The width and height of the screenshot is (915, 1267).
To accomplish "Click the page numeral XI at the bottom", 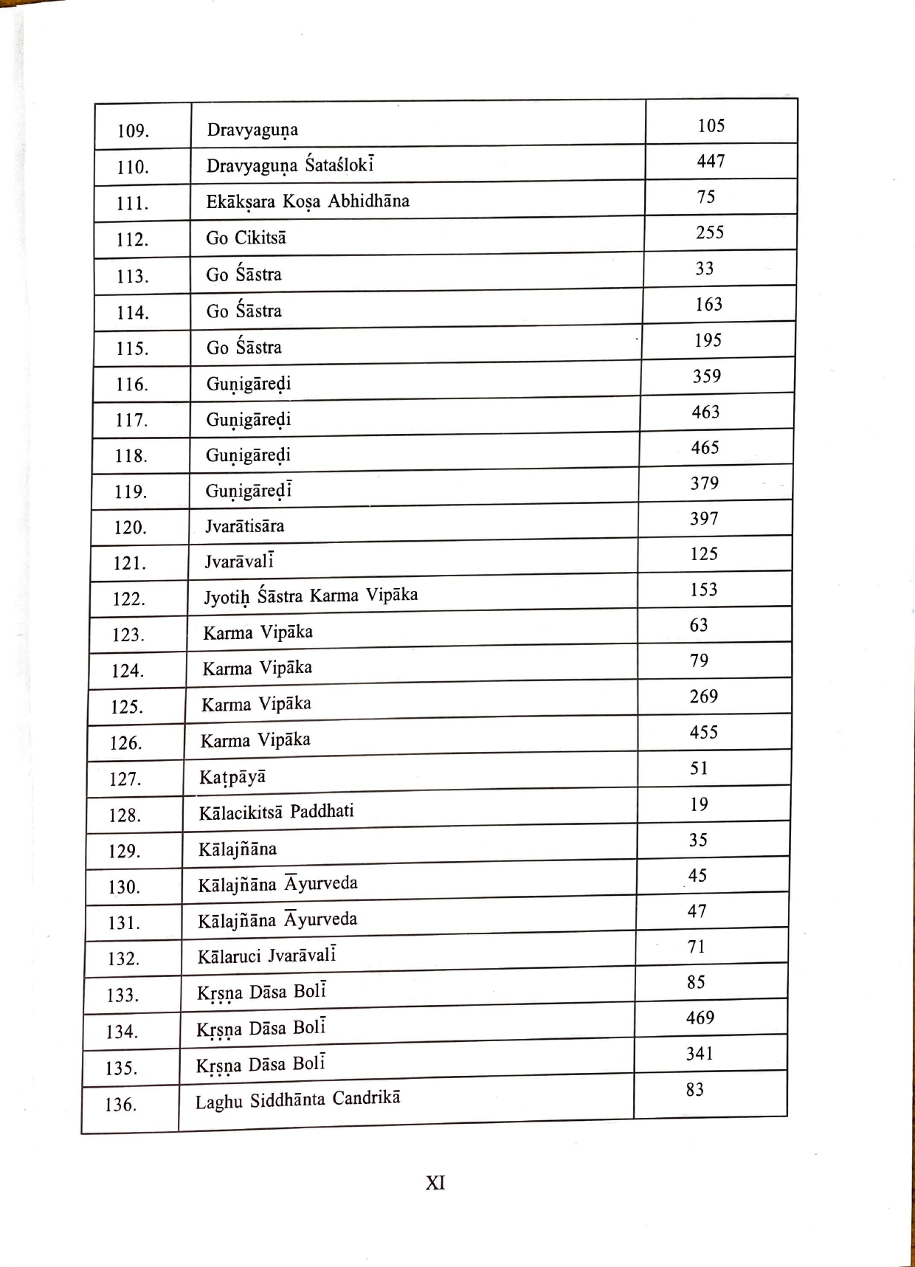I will coord(435,1183).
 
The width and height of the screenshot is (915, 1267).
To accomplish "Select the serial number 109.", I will coord(133,131).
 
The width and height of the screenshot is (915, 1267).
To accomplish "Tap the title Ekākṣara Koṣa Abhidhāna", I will coord(308,201).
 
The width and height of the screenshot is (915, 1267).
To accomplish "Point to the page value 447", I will coord(711,161).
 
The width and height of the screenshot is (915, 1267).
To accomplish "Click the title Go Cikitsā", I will coord(246,238).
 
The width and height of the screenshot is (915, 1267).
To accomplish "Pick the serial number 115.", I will coord(132,348).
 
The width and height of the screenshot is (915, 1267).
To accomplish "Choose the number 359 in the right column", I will coord(706,376).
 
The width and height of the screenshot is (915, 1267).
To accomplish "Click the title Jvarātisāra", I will coord(244,526).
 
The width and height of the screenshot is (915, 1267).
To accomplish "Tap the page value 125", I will coord(704,554).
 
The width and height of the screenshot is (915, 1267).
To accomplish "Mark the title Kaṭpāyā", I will coord(232,778).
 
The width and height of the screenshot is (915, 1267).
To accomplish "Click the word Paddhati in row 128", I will coord(322,812).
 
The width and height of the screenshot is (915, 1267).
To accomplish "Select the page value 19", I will coord(699,804).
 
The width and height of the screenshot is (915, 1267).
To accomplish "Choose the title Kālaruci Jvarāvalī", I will coord(266,956).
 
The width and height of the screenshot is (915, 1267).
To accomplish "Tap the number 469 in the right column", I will coord(700,1018).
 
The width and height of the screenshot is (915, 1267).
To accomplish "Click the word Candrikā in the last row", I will coord(366,1099).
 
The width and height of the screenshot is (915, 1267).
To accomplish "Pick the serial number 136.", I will coord(120,1105).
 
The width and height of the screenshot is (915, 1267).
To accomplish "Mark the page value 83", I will coord(694,1090).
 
